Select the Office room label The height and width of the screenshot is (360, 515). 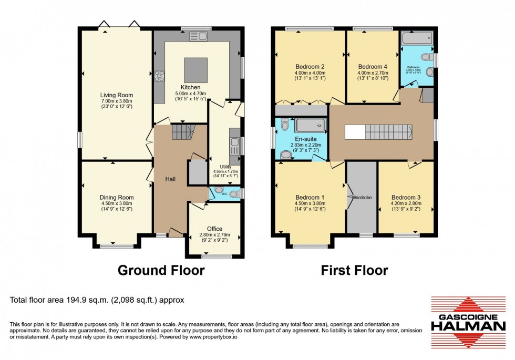[x=214, y=229]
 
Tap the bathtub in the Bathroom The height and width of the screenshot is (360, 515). [x=416, y=38]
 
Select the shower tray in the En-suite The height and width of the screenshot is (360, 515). [x=309, y=125]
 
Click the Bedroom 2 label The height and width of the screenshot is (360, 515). [x=310, y=67]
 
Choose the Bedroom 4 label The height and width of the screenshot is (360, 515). [x=373, y=67]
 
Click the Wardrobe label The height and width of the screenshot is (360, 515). [x=362, y=198]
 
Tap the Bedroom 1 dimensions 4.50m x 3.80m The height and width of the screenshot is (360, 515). [x=310, y=204]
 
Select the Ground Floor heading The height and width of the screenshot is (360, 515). [x=160, y=270]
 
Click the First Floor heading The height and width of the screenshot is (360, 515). [x=355, y=270]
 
